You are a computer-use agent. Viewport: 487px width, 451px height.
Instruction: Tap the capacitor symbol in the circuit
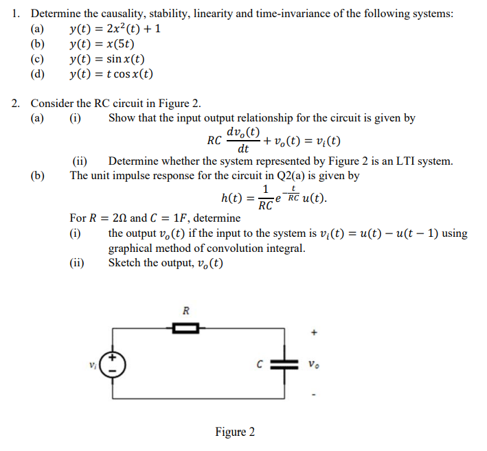point(282,363)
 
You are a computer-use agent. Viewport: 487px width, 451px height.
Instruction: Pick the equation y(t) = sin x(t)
point(107,59)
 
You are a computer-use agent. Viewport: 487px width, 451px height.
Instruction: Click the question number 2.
point(15,104)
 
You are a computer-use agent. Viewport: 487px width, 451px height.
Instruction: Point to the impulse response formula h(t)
point(273,198)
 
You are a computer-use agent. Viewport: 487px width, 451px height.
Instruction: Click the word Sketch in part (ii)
point(125,263)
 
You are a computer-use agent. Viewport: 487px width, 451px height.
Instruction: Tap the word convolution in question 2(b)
point(241,248)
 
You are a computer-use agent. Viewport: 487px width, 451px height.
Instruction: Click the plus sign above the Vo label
point(314,334)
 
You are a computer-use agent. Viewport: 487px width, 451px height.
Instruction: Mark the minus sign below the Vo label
point(314,395)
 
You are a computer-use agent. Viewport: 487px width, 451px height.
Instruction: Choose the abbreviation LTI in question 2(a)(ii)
point(361,162)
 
